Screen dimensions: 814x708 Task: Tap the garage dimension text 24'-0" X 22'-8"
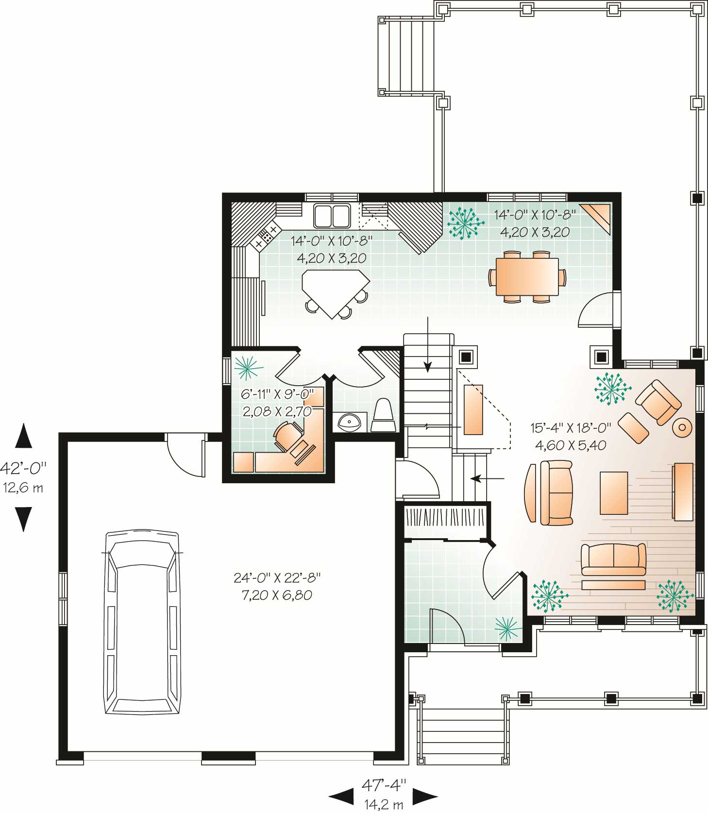pos(277,578)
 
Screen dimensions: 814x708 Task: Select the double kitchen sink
pos(332,216)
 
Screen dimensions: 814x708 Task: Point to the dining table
pos(527,276)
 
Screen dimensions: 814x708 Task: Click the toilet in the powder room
pos(385,416)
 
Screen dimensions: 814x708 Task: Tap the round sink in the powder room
pos(350,422)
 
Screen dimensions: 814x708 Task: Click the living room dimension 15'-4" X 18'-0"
pos(570,428)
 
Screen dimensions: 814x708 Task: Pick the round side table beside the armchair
pos(682,427)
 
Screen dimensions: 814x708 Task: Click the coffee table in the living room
pos(614,493)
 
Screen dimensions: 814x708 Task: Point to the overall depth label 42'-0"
pos(23,468)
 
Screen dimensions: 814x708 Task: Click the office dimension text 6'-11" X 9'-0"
pos(278,393)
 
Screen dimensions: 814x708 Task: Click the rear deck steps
pos(411,55)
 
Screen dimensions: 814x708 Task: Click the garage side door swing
pos(185,457)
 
